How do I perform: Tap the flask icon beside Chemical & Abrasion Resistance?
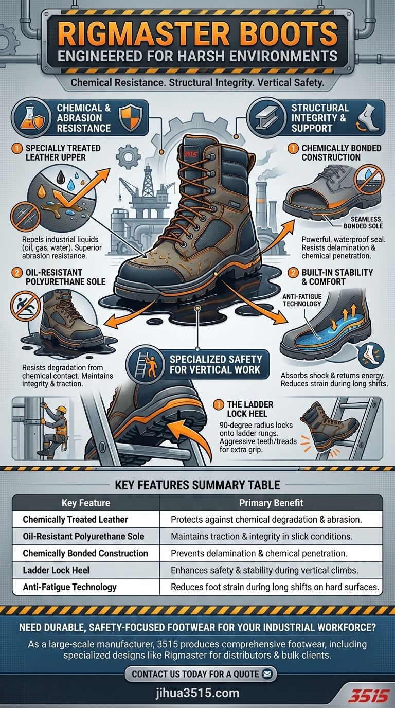point(27,117)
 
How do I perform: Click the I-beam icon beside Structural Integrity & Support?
point(267,118)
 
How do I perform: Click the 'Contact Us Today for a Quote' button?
point(201,674)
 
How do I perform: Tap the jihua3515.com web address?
point(197,693)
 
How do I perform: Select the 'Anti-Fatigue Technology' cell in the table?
point(69,587)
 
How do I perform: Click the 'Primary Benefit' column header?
point(271,503)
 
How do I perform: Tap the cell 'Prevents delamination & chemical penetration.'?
point(259,553)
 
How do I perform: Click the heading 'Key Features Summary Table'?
point(197,484)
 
